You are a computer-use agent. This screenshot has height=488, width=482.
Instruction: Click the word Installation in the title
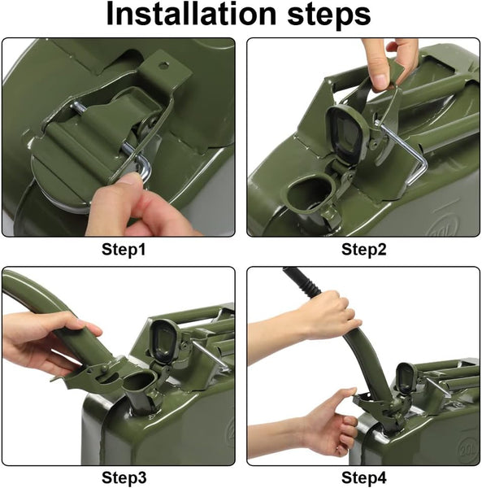click(191, 14)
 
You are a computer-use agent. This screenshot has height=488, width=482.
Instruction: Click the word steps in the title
click(329, 16)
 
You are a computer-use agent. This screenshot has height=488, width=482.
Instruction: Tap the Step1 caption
click(124, 250)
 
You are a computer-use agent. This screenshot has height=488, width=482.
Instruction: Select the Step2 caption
click(364, 250)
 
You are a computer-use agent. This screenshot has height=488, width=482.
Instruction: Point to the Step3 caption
click(124, 477)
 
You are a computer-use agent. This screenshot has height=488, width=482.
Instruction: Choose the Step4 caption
click(364, 477)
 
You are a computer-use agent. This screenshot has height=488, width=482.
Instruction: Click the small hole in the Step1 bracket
click(163, 65)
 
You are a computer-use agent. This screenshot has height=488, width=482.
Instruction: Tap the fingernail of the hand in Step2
click(381, 81)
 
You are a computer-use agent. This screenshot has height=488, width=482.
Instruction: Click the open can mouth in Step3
click(139, 382)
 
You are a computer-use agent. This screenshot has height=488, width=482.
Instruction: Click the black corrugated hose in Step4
click(302, 281)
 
